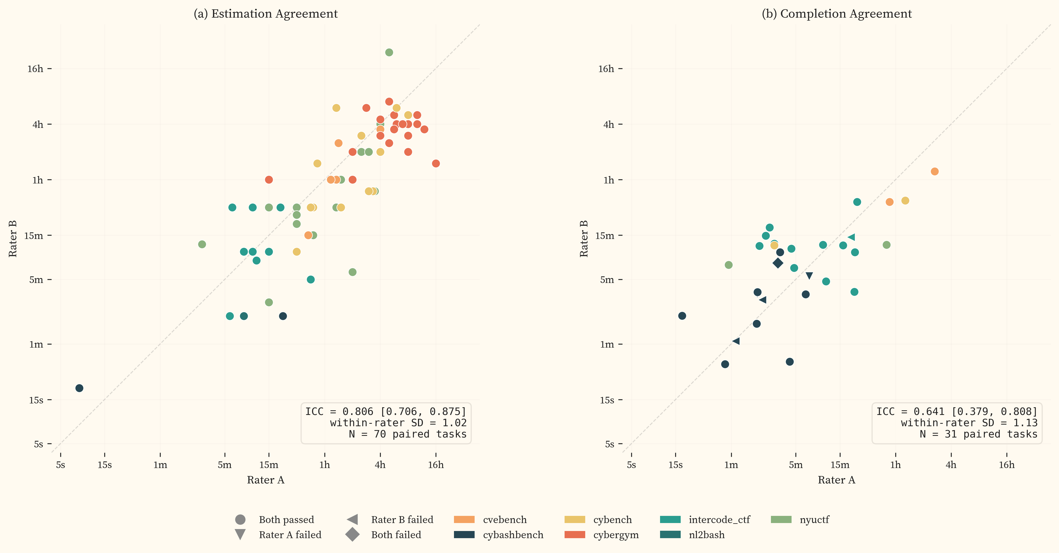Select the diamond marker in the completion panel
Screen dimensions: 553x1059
click(x=777, y=263)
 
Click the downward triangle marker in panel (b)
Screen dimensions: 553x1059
click(x=809, y=276)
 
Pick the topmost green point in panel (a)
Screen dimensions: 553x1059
click(x=389, y=52)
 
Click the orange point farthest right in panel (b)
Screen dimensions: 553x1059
click(x=934, y=171)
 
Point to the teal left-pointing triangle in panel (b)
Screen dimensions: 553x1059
click(x=851, y=237)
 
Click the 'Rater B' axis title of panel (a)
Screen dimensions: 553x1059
click(x=13, y=239)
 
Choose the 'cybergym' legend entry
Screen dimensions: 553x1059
click(x=615, y=535)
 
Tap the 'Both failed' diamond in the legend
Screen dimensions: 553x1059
click(x=352, y=535)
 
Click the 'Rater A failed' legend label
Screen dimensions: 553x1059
click(x=290, y=535)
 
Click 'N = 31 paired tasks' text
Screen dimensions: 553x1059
click(x=978, y=434)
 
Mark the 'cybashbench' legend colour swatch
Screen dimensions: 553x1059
click(x=464, y=535)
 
